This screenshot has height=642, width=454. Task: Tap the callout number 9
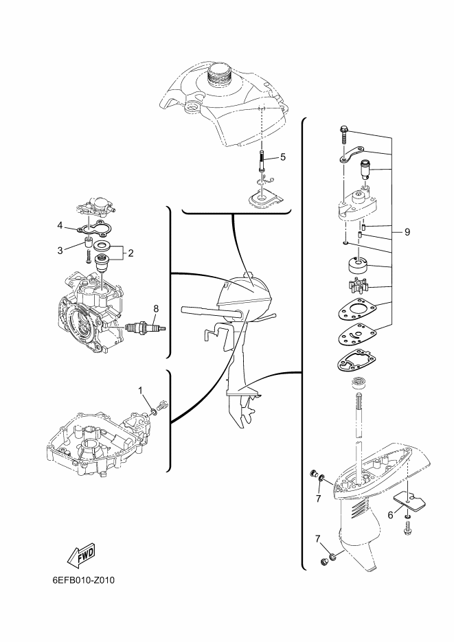[x=407, y=232]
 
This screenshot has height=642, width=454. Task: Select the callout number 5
[x=283, y=157]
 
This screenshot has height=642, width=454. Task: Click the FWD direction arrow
[x=80, y=555]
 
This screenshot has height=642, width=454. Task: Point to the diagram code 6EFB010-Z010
[x=83, y=580]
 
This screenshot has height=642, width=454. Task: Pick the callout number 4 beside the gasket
[x=59, y=225]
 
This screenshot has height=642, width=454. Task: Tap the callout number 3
[x=60, y=251]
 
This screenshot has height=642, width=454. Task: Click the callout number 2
[x=130, y=253]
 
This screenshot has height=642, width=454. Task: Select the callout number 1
[x=140, y=391]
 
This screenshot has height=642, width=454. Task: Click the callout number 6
[x=390, y=515]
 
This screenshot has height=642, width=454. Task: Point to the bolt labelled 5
[x=262, y=161]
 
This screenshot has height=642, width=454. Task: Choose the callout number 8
[x=155, y=308]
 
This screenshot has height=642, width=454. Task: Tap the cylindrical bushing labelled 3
[x=88, y=242]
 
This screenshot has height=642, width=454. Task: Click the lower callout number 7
[x=318, y=539]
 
